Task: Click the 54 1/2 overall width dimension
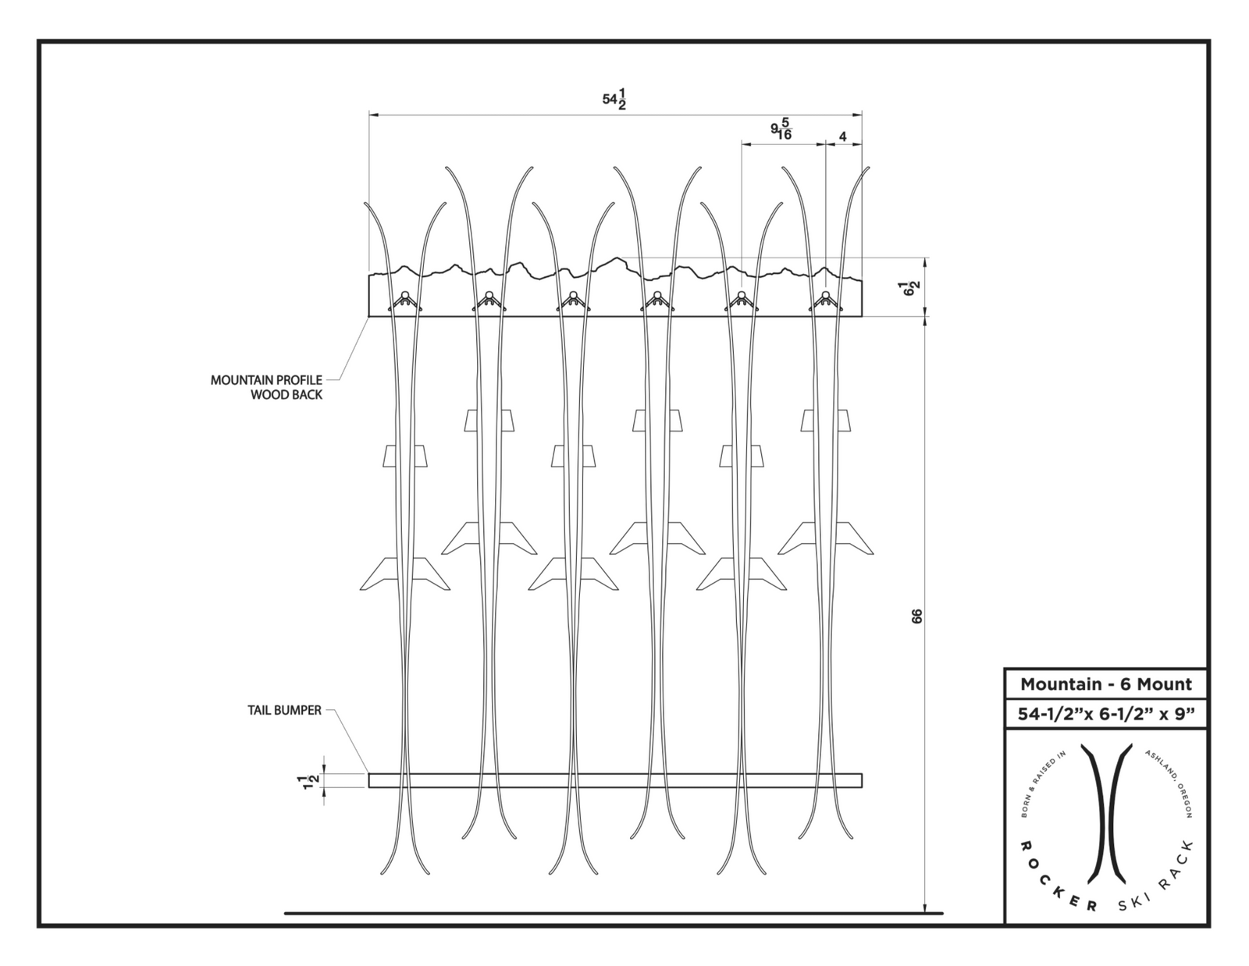click(615, 101)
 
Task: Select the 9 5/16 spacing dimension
click(781, 129)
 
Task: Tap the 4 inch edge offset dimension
click(842, 136)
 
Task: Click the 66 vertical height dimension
click(916, 616)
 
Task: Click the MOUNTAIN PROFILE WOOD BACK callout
click(267, 387)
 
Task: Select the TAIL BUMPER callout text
click(284, 710)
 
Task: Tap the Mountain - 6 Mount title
click(1105, 684)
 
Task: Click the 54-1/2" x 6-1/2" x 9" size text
click(1105, 714)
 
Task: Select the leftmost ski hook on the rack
click(404, 300)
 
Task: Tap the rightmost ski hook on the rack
click(825, 300)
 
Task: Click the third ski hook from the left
click(572, 300)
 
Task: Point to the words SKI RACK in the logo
click(1158, 878)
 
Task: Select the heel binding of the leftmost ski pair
click(404, 574)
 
